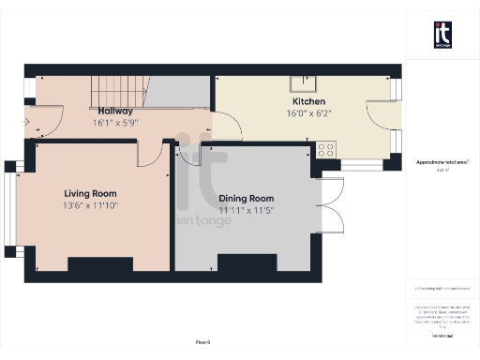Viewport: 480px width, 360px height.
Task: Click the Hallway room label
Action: [x=114, y=111]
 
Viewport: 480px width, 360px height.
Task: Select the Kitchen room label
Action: [x=308, y=100]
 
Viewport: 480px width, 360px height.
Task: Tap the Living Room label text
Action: [x=90, y=193]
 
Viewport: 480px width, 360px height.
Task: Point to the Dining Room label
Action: [x=246, y=199]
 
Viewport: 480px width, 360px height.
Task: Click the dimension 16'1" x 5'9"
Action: [x=114, y=123]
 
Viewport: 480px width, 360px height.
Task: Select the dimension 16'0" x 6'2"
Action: [x=308, y=112]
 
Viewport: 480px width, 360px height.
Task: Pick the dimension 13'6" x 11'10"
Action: [x=90, y=205]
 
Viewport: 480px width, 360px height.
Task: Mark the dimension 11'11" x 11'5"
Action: [x=246, y=211]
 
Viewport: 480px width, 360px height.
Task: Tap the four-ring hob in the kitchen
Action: [x=326, y=149]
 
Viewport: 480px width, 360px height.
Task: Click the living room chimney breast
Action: [x=100, y=264]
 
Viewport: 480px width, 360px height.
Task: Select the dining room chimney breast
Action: [x=247, y=263]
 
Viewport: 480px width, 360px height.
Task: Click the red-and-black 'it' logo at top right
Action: [x=442, y=34]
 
